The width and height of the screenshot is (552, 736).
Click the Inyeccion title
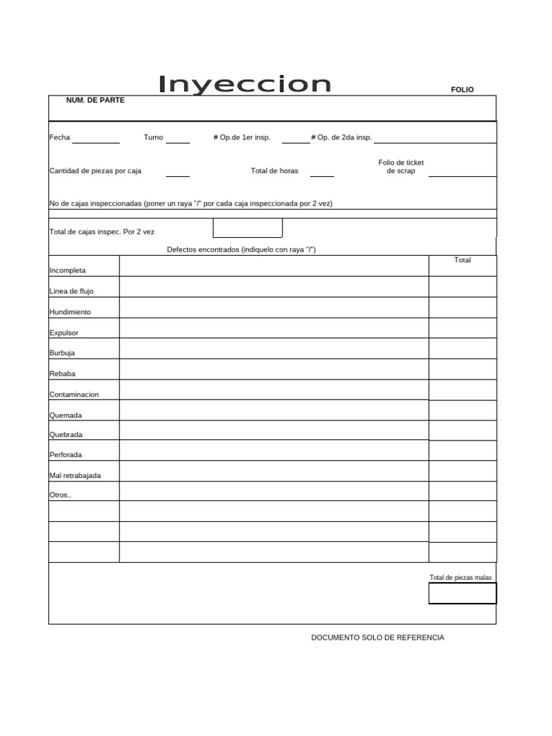[x=244, y=85]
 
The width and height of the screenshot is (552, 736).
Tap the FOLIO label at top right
[x=462, y=90]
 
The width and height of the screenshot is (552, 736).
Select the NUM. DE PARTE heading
[x=95, y=101]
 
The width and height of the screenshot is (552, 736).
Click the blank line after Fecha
[x=96, y=140]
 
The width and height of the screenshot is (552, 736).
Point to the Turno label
[x=153, y=137]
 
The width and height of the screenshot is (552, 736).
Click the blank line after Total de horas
[x=322, y=172]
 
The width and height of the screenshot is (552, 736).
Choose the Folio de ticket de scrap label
[x=401, y=167]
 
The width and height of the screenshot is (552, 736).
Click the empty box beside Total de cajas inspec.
[x=247, y=228]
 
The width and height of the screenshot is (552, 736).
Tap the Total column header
[x=462, y=260]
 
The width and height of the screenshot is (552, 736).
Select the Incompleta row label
[x=68, y=270]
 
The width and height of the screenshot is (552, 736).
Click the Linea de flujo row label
[x=71, y=291]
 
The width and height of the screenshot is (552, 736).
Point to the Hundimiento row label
[x=70, y=312]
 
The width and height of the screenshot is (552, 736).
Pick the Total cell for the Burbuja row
[x=462, y=349]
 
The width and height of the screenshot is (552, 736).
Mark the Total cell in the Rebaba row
[x=462, y=369]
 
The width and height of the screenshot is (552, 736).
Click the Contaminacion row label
[x=74, y=395]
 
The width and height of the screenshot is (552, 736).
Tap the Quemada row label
[x=65, y=415]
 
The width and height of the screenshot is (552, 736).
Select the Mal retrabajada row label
[x=75, y=475]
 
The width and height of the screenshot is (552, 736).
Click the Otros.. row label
[x=60, y=495]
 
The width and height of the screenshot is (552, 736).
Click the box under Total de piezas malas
[x=462, y=594]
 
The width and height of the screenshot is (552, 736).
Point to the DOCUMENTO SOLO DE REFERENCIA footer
[x=377, y=638]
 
